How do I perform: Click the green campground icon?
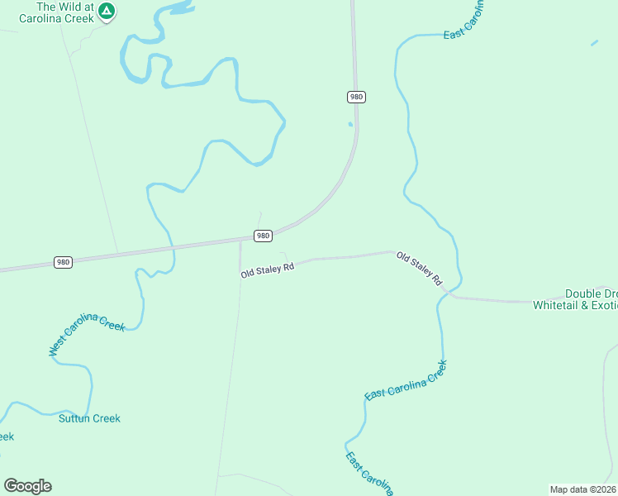(x=107, y=11)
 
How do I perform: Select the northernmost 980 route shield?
(x=356, y=97)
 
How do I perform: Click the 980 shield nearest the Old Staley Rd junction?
(x=263, y=236)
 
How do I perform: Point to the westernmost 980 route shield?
(x=64, y=262)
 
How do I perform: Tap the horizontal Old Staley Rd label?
(x=268, y=270)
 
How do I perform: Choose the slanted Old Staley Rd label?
(x=420, y=269)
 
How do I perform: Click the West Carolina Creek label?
(x=87, y=335)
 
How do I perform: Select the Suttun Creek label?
(x=89, y=418)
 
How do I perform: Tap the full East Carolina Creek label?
(x=406, y=381)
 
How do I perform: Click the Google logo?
(x=27, y=486)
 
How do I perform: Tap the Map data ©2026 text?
(x=583, y=489)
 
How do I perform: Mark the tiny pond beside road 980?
(x=350, y=124)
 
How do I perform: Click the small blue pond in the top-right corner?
(x=594, y=42)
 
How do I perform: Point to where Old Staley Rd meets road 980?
(x=240, y=241)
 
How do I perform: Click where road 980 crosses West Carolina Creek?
(x=173, y=247)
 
